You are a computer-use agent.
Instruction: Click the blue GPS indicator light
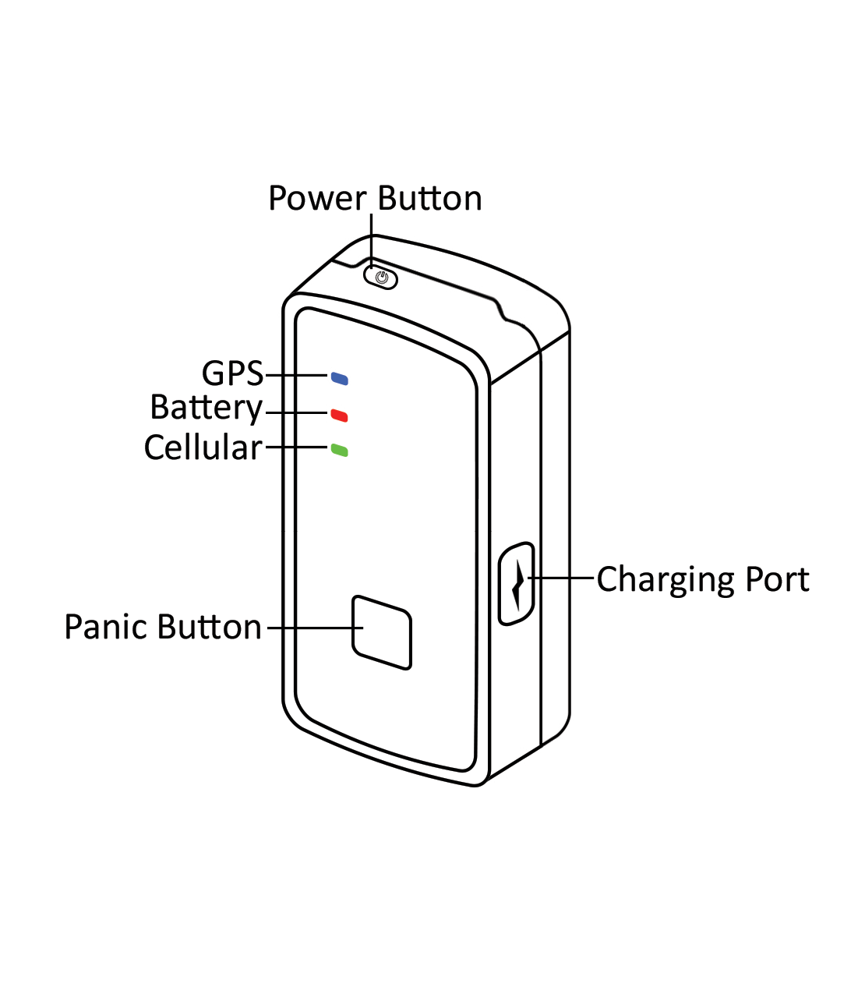[340, 379]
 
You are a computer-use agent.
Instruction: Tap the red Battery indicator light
[339, 415]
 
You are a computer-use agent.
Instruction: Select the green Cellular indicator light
[339, 450]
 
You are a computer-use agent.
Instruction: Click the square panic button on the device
[382, 632]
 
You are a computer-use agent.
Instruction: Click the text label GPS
[232, 374]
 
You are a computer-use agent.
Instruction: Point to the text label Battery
[207, 409]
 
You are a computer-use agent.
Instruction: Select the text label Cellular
[203, 447]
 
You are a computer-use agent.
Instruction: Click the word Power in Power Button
[316, 199]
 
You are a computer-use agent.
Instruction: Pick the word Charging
[666, 581]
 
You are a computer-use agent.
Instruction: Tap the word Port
[777, 580]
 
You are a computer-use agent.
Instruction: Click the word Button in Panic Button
[211, 628]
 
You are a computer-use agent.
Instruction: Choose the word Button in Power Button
[429, 199]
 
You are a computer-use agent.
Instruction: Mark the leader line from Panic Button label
[312, 628]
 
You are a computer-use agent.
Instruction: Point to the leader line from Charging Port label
[563, 578]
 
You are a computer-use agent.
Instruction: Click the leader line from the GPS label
[296, 376]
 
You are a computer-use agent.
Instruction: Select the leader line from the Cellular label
[296, 447]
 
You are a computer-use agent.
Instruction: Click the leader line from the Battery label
[296, 412]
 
